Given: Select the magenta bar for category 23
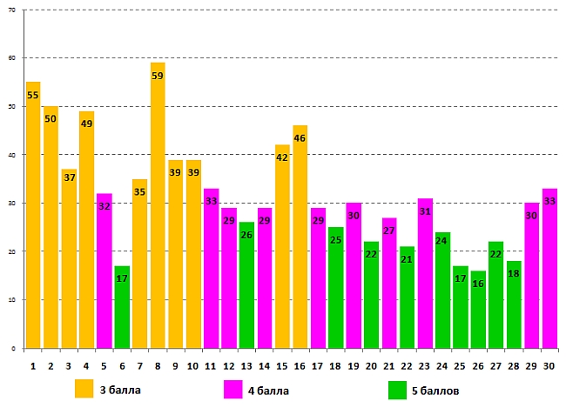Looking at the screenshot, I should point(424,273).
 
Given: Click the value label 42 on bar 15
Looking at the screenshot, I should point(282,158).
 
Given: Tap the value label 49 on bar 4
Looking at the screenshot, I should point(86,124).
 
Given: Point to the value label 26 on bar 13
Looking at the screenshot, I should point(246,235).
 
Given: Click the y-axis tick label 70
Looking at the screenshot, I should point(13,10).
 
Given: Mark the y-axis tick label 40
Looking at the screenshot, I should point(13,155).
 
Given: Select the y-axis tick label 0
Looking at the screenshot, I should point(16,348).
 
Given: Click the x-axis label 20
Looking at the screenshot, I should point(371,367).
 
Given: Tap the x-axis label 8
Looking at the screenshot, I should point(158,367).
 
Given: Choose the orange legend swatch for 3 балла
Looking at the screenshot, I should point(84,388).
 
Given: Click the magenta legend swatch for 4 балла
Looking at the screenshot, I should point(233,388).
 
